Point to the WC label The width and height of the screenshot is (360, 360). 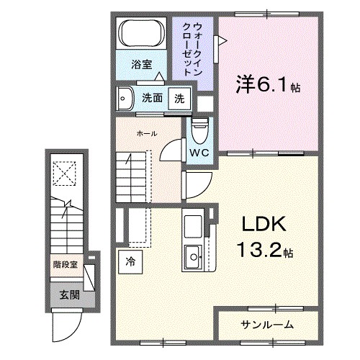pyautogui.click(x=199, y=153)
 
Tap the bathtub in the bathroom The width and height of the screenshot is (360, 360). pyautogui.click(x=141, y=34)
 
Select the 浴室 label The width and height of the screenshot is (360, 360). pyautogui.click(x=141, y=64)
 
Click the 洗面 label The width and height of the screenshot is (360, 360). pyautogui.click(x=151, y=99)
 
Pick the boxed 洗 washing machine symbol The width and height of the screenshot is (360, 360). pyautogui.click(x=179, y=99)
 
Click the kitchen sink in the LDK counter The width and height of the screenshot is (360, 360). pyautogui.click(x=193, y=256)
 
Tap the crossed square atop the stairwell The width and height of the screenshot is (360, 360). pyautogui.click(x=66, y=173)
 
